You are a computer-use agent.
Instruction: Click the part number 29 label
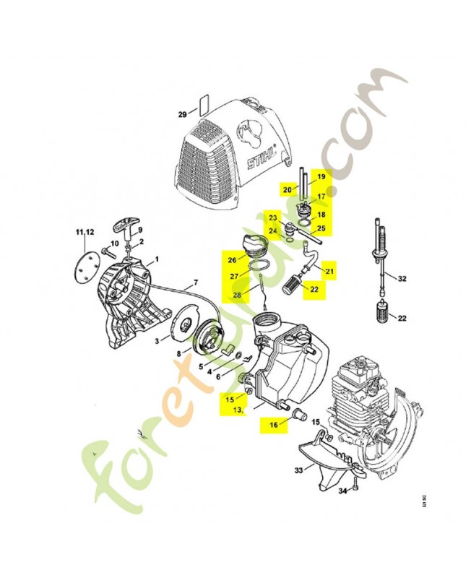183,114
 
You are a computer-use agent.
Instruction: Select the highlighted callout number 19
321,177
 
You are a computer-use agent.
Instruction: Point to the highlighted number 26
232,260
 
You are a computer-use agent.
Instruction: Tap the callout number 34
342,491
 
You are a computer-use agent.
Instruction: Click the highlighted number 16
274,426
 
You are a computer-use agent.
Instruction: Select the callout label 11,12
85,231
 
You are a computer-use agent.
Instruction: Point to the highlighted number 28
237,295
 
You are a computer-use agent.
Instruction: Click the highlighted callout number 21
330,271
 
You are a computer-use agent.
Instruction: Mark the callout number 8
180,355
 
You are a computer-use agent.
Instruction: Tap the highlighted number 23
273,217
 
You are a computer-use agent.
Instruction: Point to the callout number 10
114,243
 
